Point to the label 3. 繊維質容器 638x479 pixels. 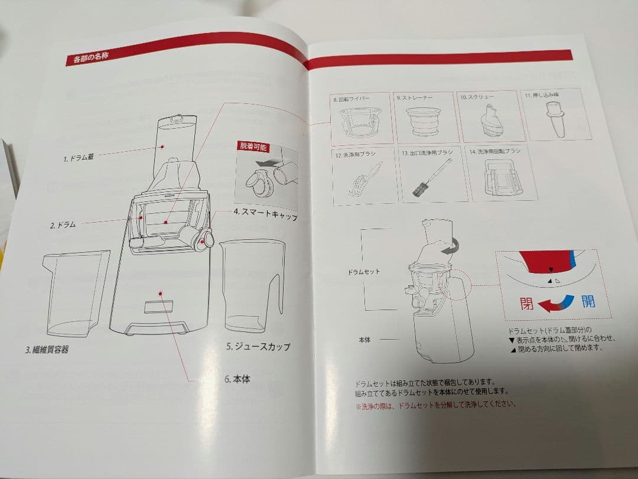click(x=47, y=349)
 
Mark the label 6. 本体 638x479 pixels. click(x=237, y=379)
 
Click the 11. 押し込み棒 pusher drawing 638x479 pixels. click(x=555, y=117)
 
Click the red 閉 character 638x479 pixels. click(x=526, y=304)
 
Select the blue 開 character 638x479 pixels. click(x=588, y=302)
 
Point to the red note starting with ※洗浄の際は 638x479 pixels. click(x=435, y=405)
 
